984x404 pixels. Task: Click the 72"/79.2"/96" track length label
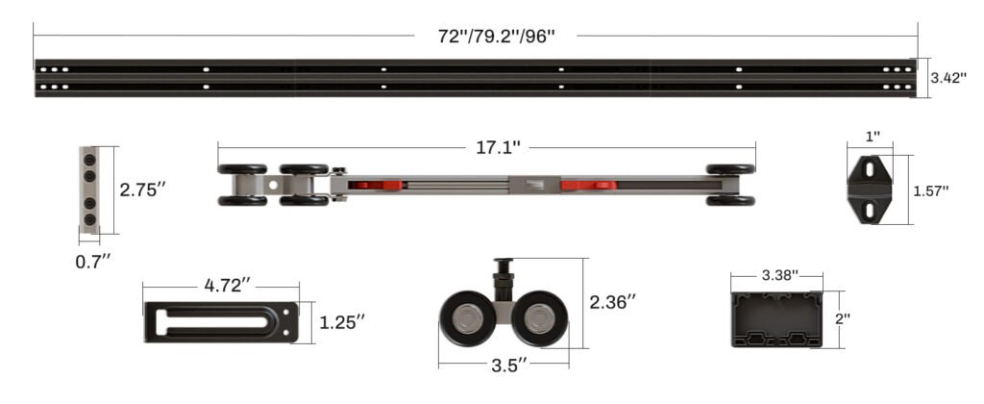497,36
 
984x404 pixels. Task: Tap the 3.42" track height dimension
948,78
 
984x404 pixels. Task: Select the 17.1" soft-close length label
498,147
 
